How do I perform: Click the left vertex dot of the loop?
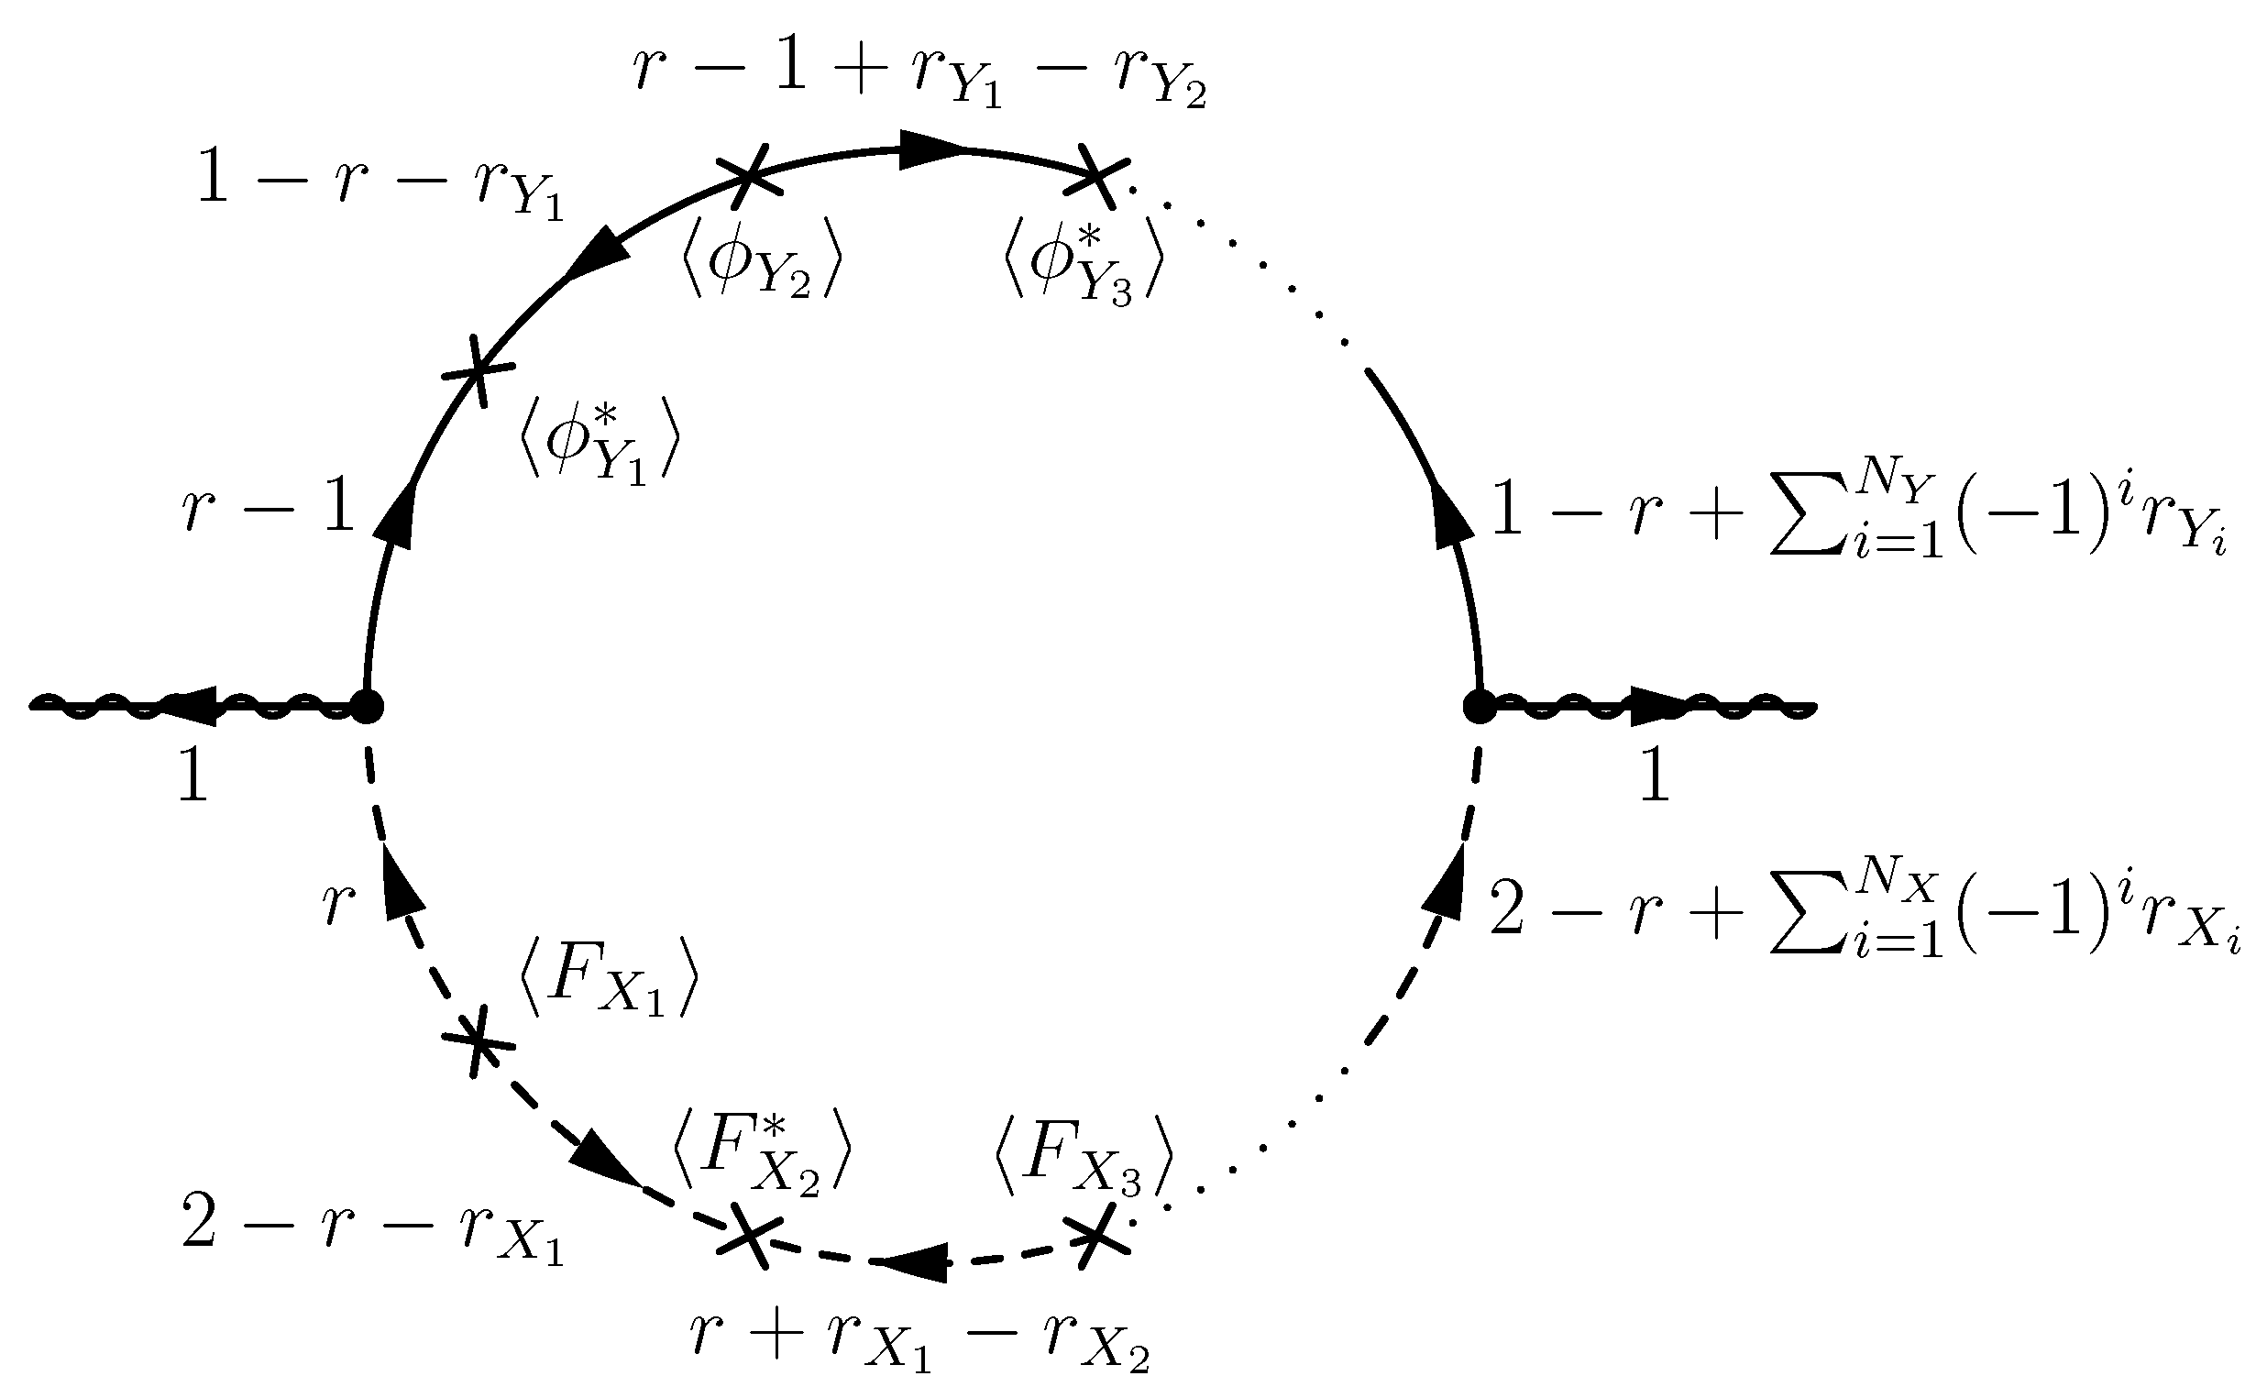coord(367,708)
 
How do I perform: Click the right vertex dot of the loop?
coord(1479,708)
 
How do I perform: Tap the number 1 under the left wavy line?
coord(193,776)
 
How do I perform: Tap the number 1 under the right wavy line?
coord(1654,776)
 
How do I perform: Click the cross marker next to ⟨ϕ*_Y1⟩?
coord(477,371)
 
